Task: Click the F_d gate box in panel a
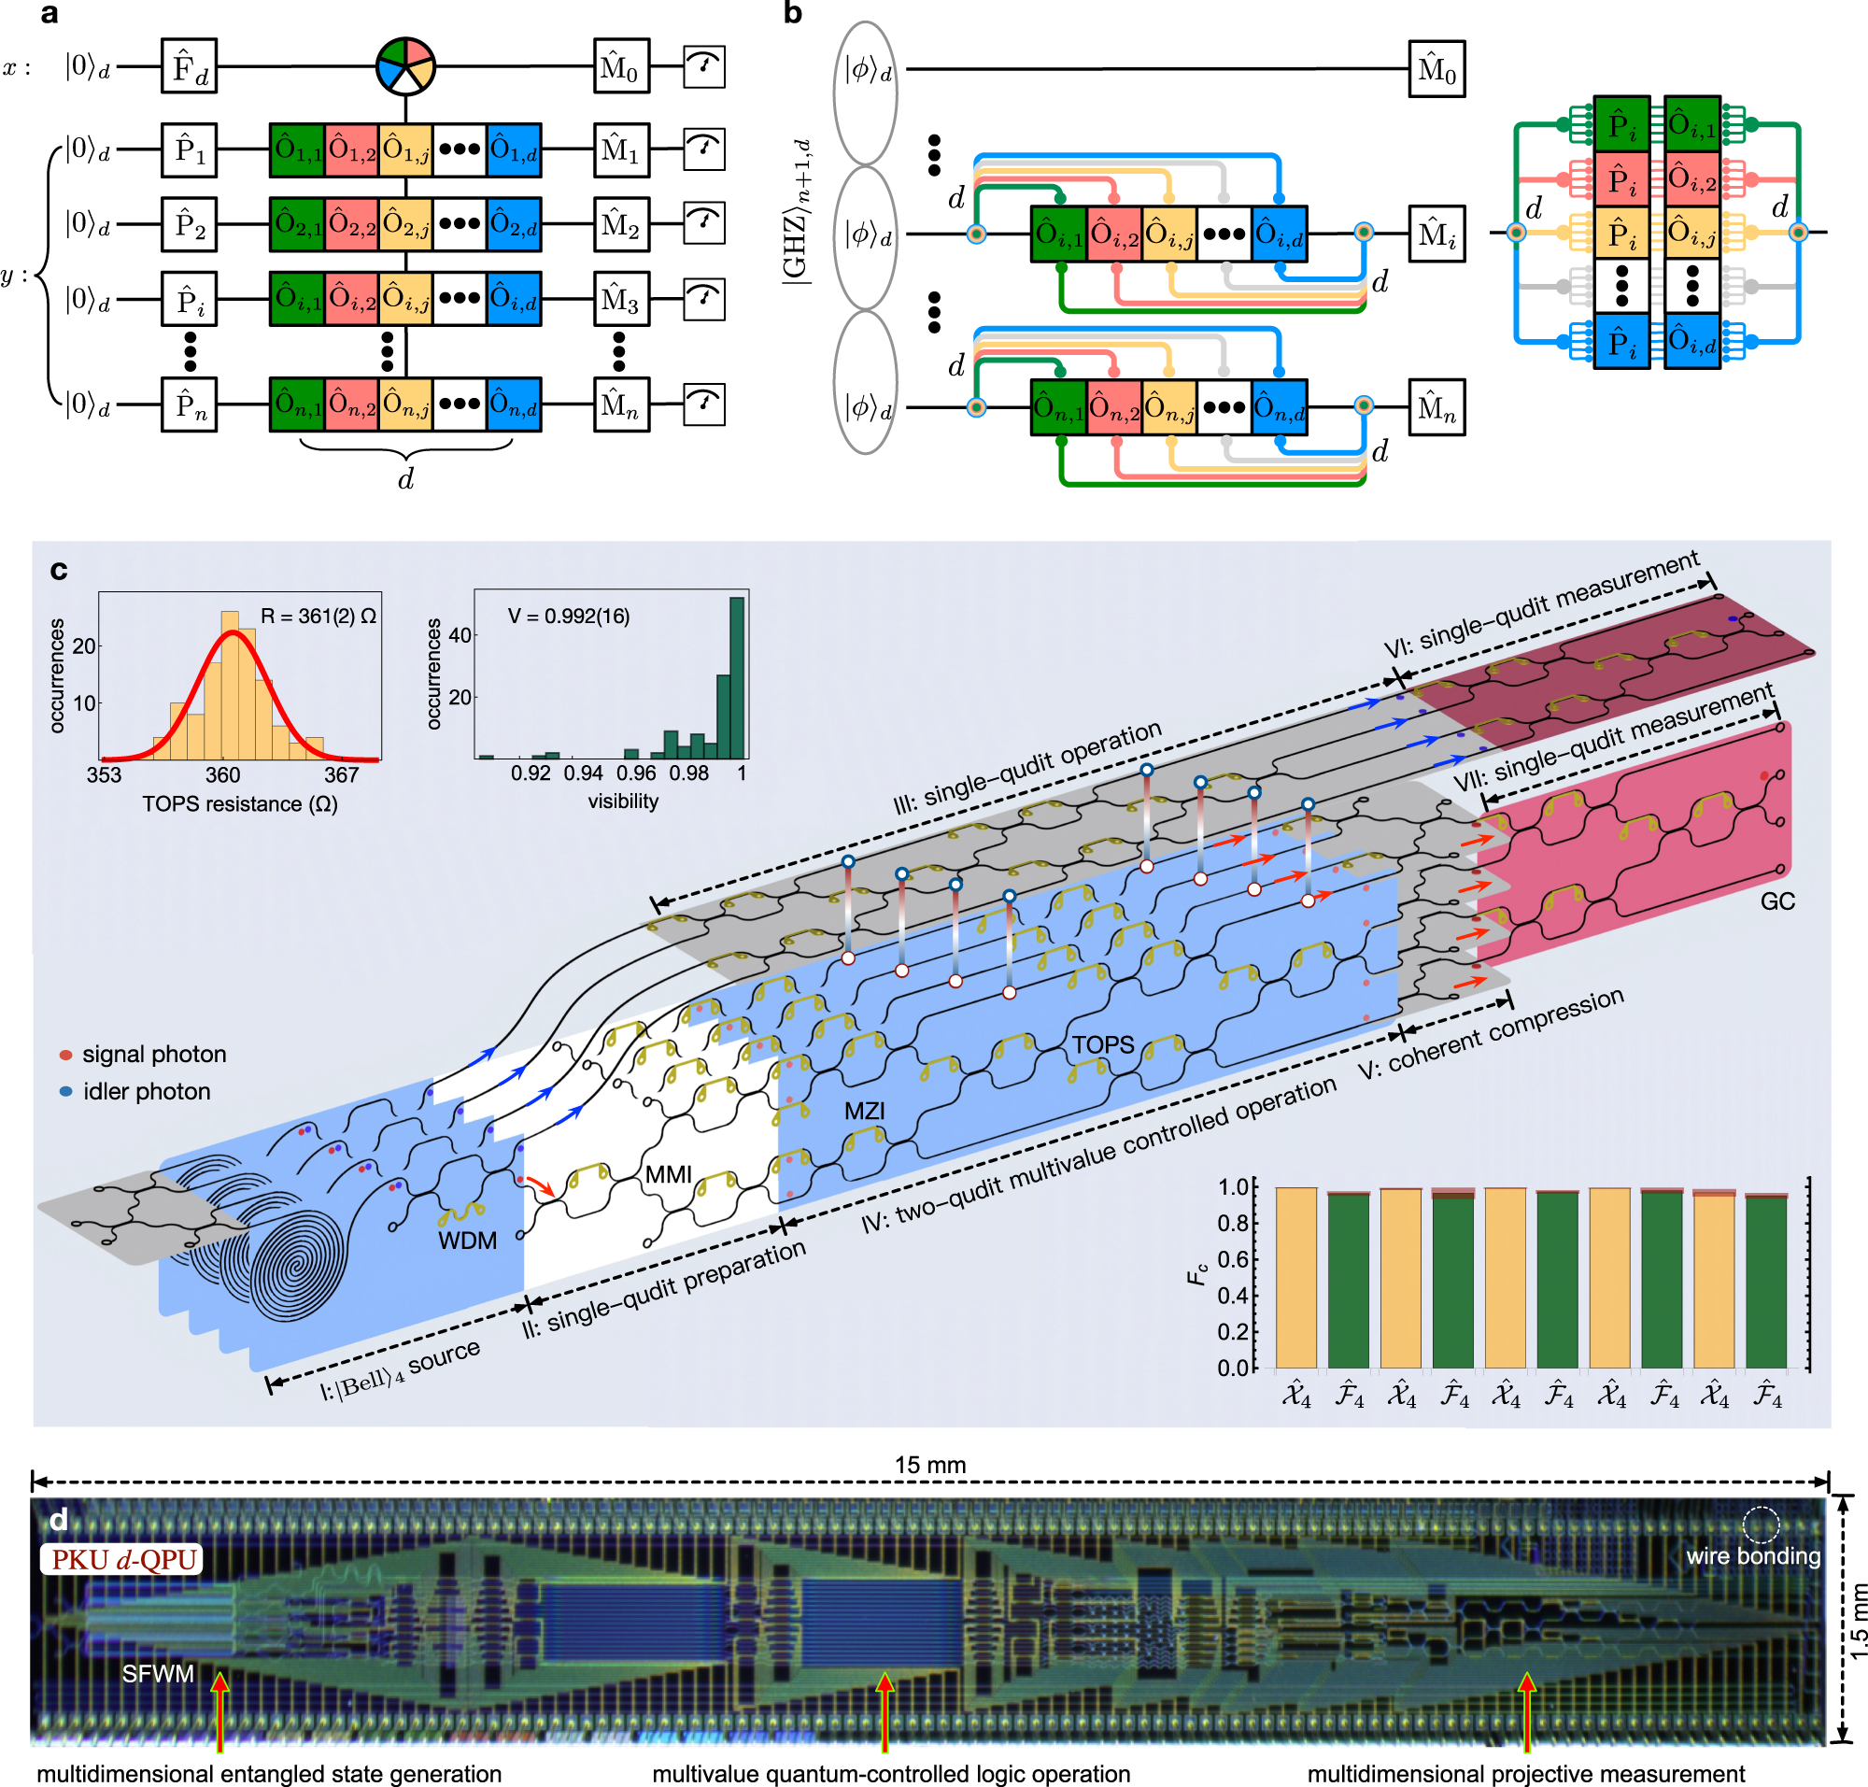189,65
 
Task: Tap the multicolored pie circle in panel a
405,65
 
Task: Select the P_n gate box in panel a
189,404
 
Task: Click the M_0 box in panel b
1436,68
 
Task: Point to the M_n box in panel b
1436,407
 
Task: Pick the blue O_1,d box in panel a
514,149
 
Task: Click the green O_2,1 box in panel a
297,224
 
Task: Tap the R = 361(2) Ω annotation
318,617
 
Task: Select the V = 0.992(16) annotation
569,617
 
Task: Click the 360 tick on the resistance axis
223,774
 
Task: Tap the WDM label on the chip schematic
467,1241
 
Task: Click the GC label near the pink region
1777,901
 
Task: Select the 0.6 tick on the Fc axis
1234,1259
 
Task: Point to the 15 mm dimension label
929,1465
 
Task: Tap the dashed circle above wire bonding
1761,1525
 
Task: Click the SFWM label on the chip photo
158,1674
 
